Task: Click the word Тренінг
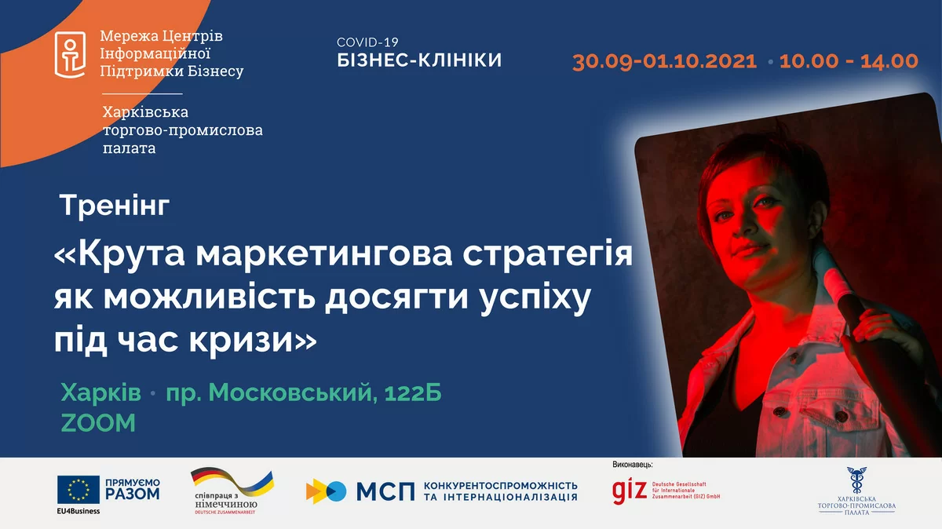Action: pos(115,207)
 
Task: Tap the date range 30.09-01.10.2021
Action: pos(664,61)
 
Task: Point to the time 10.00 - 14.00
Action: pos(849,61)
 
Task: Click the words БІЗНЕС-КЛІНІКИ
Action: pos(419,60)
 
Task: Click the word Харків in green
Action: pos(101,392)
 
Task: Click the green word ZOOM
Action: pos(98,423)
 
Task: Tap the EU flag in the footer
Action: pos(78,491)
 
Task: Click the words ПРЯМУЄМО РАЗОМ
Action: pos(132,490)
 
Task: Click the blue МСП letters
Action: pos(385,491)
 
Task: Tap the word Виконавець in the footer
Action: pos(632,465)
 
